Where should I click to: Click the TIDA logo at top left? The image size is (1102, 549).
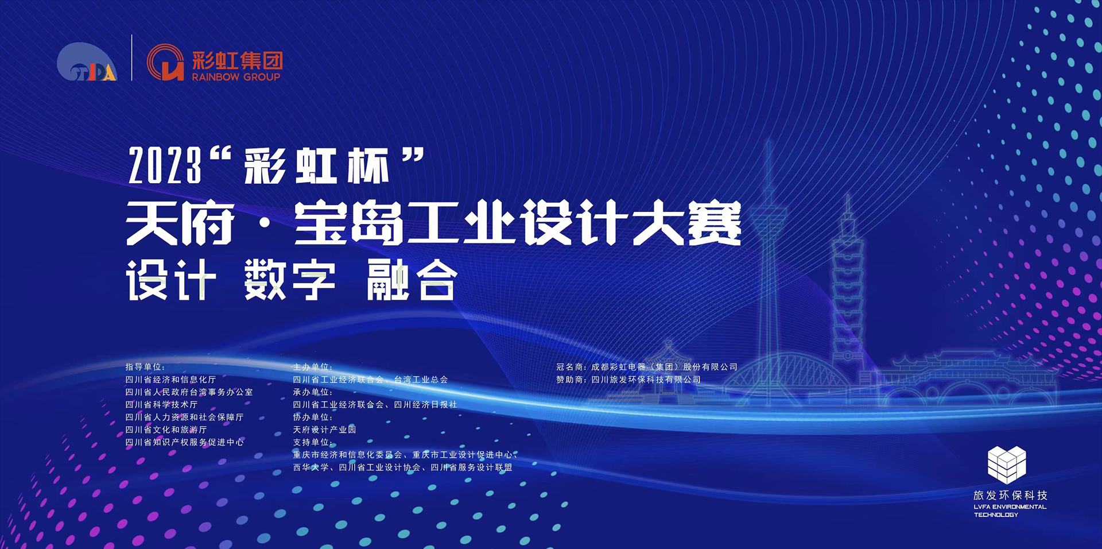point(87,62)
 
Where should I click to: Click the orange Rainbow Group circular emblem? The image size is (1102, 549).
point(165,62)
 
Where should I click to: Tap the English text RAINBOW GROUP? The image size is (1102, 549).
point(236,77)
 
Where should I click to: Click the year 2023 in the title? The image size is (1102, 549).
point(165,165)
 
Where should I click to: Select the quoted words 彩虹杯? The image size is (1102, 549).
point(317,166)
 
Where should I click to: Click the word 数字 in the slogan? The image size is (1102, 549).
point(290,280)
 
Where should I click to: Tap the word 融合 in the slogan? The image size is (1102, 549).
point(412,280)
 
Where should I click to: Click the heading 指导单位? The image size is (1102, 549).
point(145,367)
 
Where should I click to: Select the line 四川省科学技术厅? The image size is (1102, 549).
point(161,405)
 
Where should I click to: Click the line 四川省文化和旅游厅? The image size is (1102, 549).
point(166,430)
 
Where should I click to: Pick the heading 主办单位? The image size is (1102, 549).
point(313,367)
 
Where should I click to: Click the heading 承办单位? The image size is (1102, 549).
point(313,392)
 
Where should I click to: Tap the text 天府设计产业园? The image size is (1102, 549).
point(324,430)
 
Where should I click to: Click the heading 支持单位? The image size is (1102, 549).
point(313,442)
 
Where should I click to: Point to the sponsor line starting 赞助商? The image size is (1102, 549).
point(628,380)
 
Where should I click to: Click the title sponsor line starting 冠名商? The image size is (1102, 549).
point(647,367)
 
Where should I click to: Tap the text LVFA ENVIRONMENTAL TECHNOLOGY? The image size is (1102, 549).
point(1010,511)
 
